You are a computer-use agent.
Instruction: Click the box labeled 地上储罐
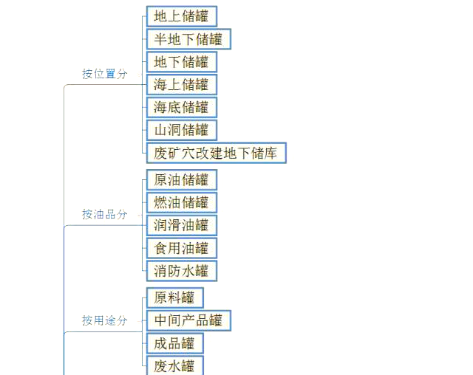(x=182, y=16)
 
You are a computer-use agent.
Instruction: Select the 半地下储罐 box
(x=188, y=39)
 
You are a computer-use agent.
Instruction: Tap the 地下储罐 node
(x=182, y=62)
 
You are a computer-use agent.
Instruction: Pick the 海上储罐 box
(x=182, y=85)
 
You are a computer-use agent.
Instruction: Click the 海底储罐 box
(x=182, y=108)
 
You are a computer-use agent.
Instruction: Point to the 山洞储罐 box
(x=182, y=130)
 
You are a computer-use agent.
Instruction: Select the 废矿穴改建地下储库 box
(x=217, y=153)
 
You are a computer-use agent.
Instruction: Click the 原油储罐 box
(x=182, y=180)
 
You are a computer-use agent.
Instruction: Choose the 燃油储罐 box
(x=182, y=202)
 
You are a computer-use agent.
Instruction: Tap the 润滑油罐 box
(x=182, y=225)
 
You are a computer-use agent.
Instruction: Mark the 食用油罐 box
(x=182, y=248)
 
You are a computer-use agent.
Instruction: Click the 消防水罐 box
(x=182, y=271)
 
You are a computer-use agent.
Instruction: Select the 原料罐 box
(x=175, y=298)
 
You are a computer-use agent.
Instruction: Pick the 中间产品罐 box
(x=188, y=320)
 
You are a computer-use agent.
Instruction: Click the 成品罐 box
(x=175, y=343)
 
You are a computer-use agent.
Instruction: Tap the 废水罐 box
(x=175, y=365)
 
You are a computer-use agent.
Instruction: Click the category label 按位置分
(x=105, y=74)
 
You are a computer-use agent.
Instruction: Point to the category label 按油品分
(x=105, y=214)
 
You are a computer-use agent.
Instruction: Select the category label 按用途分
(x=105, y=320)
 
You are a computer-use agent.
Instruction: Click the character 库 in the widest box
(x=270, y=153)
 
